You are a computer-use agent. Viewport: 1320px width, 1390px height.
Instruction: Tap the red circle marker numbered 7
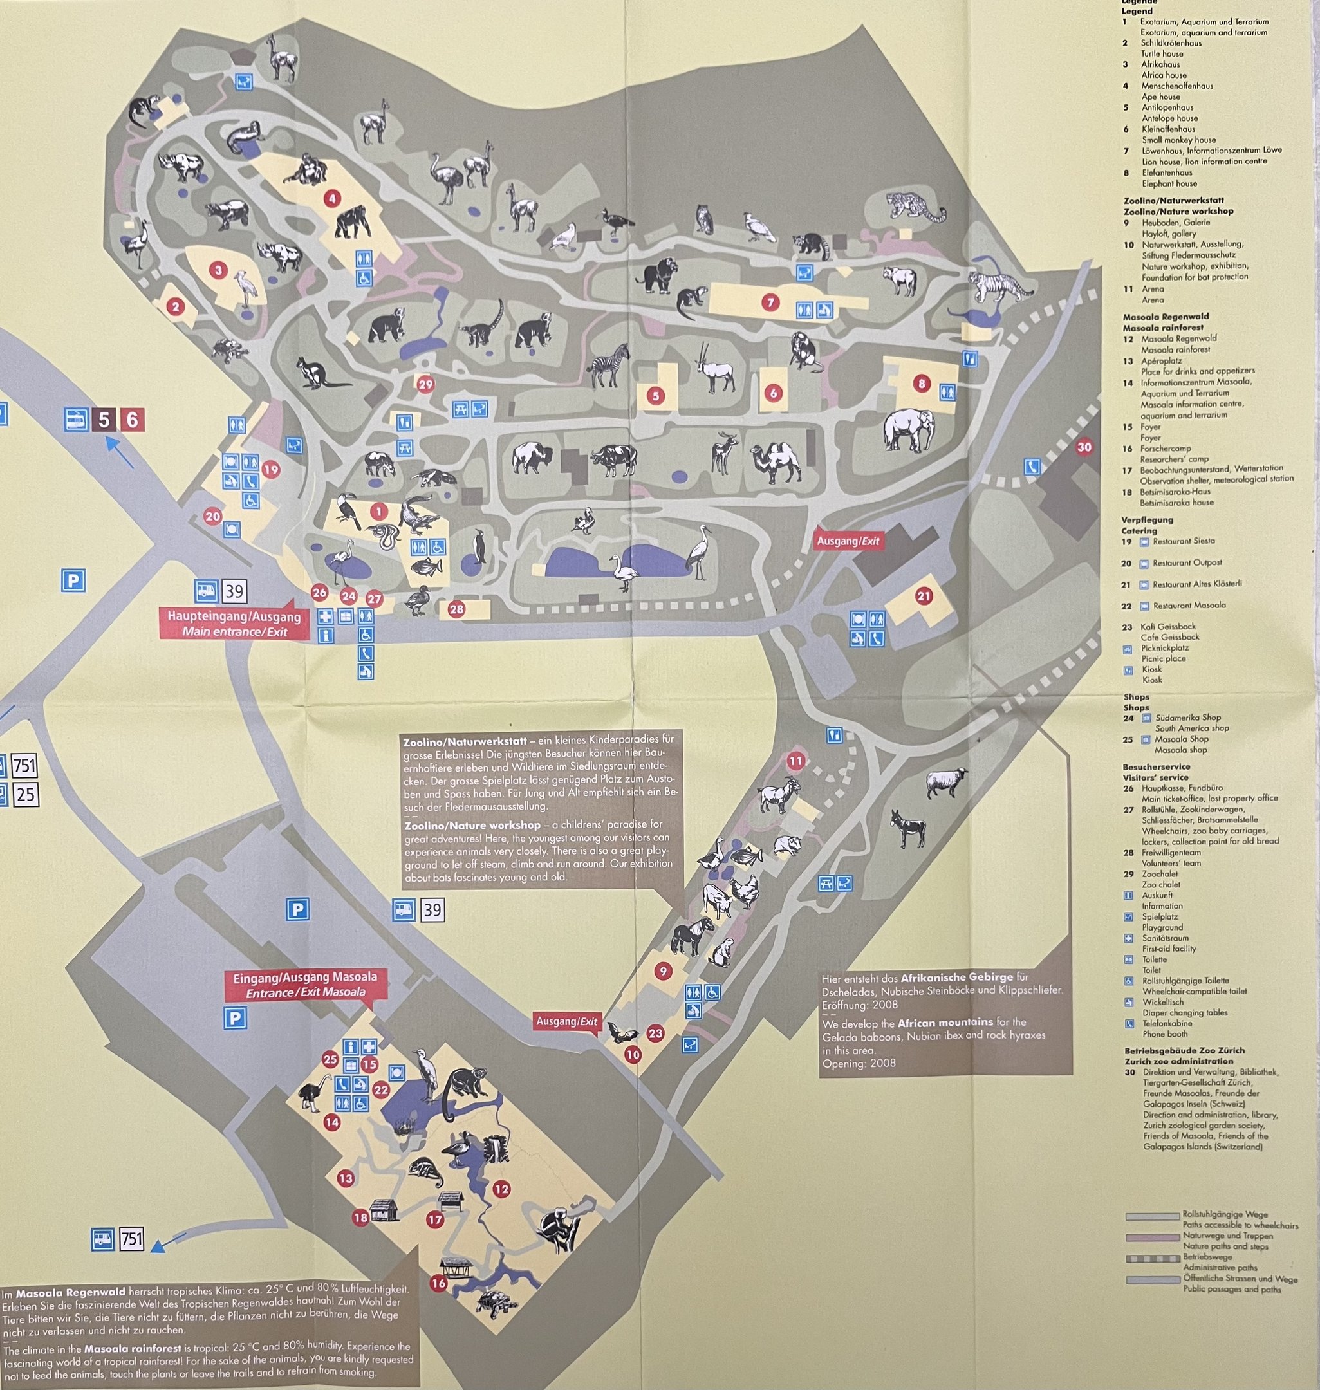point(770,302)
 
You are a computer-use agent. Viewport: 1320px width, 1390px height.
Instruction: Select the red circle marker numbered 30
point(1084,447)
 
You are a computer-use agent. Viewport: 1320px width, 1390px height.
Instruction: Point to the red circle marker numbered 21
point(923,596)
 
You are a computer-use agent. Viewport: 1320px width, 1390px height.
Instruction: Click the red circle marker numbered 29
point(425,384)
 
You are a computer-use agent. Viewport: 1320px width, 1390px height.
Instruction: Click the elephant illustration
point(909,431)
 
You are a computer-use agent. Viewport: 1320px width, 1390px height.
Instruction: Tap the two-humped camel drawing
point(776,463)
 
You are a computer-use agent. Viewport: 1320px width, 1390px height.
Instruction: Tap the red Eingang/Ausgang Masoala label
point(304,984)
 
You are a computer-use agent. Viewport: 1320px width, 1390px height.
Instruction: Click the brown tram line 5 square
point(104,420)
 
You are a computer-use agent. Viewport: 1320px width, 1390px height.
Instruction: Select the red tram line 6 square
point(131,420)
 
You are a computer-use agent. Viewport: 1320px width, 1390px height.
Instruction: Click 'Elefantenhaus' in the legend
point(1166,172)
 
